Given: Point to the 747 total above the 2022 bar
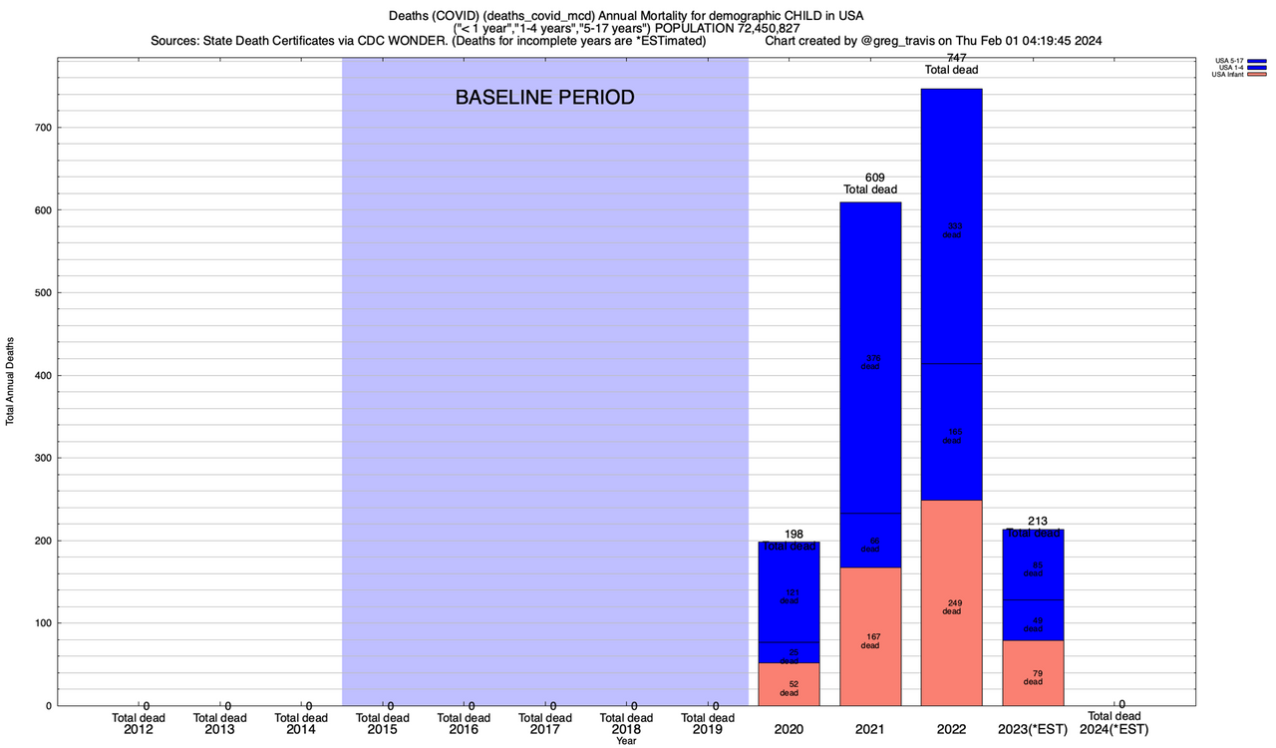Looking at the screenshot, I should tap(951, 58).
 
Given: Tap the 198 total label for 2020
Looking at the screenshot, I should tap(793, 534).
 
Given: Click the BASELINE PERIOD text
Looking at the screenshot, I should tap(544, 98).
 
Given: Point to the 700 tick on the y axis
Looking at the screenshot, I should tap(41, 128).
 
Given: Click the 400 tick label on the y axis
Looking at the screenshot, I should tap(41, 376).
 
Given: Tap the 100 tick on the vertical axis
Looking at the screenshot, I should tap(41, 623).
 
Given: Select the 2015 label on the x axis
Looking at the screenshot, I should tap(383, 730).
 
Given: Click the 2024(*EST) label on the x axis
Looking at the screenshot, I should tap(1115, 730).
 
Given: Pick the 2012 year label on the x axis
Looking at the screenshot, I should tap(139, 730).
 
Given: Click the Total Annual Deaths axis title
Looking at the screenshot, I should tap(10, 380).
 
